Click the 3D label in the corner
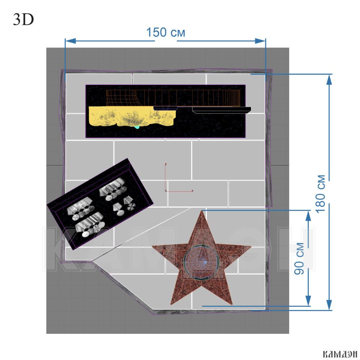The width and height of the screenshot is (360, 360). pos(23,19)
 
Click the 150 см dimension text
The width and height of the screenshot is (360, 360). pos(166,32)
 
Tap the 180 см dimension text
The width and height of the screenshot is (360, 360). pos(321,194)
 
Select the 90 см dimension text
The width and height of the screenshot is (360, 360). pos(300,258)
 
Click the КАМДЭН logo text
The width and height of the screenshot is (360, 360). pos(340,354)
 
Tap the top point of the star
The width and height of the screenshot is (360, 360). pos(202,211)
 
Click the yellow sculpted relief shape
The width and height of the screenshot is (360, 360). pos(132,116)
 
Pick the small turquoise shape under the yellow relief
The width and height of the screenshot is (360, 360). pos(137,127)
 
